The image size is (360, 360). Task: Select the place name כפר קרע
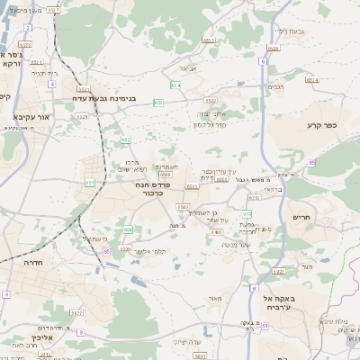[x=320, y=126]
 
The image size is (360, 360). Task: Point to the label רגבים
[x=277, y=87]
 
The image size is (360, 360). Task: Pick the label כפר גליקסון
[x=210, y=125]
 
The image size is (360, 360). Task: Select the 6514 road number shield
[x=312, y=79]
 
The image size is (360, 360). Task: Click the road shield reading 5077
[x=77, y=313]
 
